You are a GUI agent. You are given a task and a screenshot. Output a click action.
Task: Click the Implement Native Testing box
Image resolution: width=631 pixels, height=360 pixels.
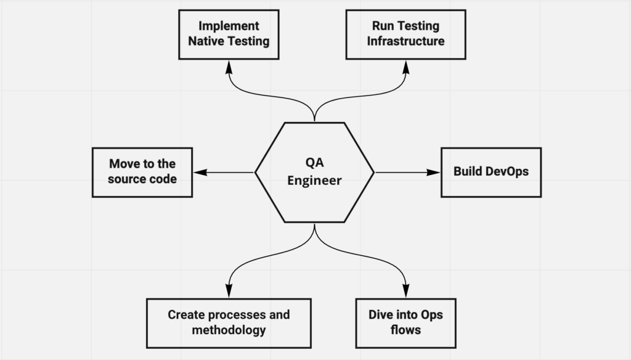click(229, 35)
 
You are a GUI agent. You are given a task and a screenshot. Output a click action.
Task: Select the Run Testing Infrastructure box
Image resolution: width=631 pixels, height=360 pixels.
click(405, 35)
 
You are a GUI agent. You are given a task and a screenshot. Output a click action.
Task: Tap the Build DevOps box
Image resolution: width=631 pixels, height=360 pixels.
click(491, 172)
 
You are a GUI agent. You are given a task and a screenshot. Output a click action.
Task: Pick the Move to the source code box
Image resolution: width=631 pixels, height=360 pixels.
click(142, 172)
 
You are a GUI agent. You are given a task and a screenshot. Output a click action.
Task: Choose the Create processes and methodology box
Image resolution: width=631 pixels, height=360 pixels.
click(229, 323)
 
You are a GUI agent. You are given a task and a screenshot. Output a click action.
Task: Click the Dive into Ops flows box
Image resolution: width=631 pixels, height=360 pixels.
click(405, 323)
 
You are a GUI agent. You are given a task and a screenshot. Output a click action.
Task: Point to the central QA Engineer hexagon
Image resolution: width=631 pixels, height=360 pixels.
click(314, 172)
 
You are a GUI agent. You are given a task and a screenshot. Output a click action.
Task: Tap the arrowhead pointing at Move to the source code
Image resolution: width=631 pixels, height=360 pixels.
click(199, 172)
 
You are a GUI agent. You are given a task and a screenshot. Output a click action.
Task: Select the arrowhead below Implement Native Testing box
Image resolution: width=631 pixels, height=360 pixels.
click(229, 65)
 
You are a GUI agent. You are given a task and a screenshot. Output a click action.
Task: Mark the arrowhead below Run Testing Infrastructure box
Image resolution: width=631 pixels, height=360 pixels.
click(405, 65)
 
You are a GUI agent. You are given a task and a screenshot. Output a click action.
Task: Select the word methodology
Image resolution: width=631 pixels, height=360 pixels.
click(229, 330)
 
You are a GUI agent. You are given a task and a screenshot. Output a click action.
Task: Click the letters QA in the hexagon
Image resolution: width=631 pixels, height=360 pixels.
click(314, 164)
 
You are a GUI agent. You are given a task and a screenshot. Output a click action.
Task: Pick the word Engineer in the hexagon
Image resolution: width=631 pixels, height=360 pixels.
click(314, 181)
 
